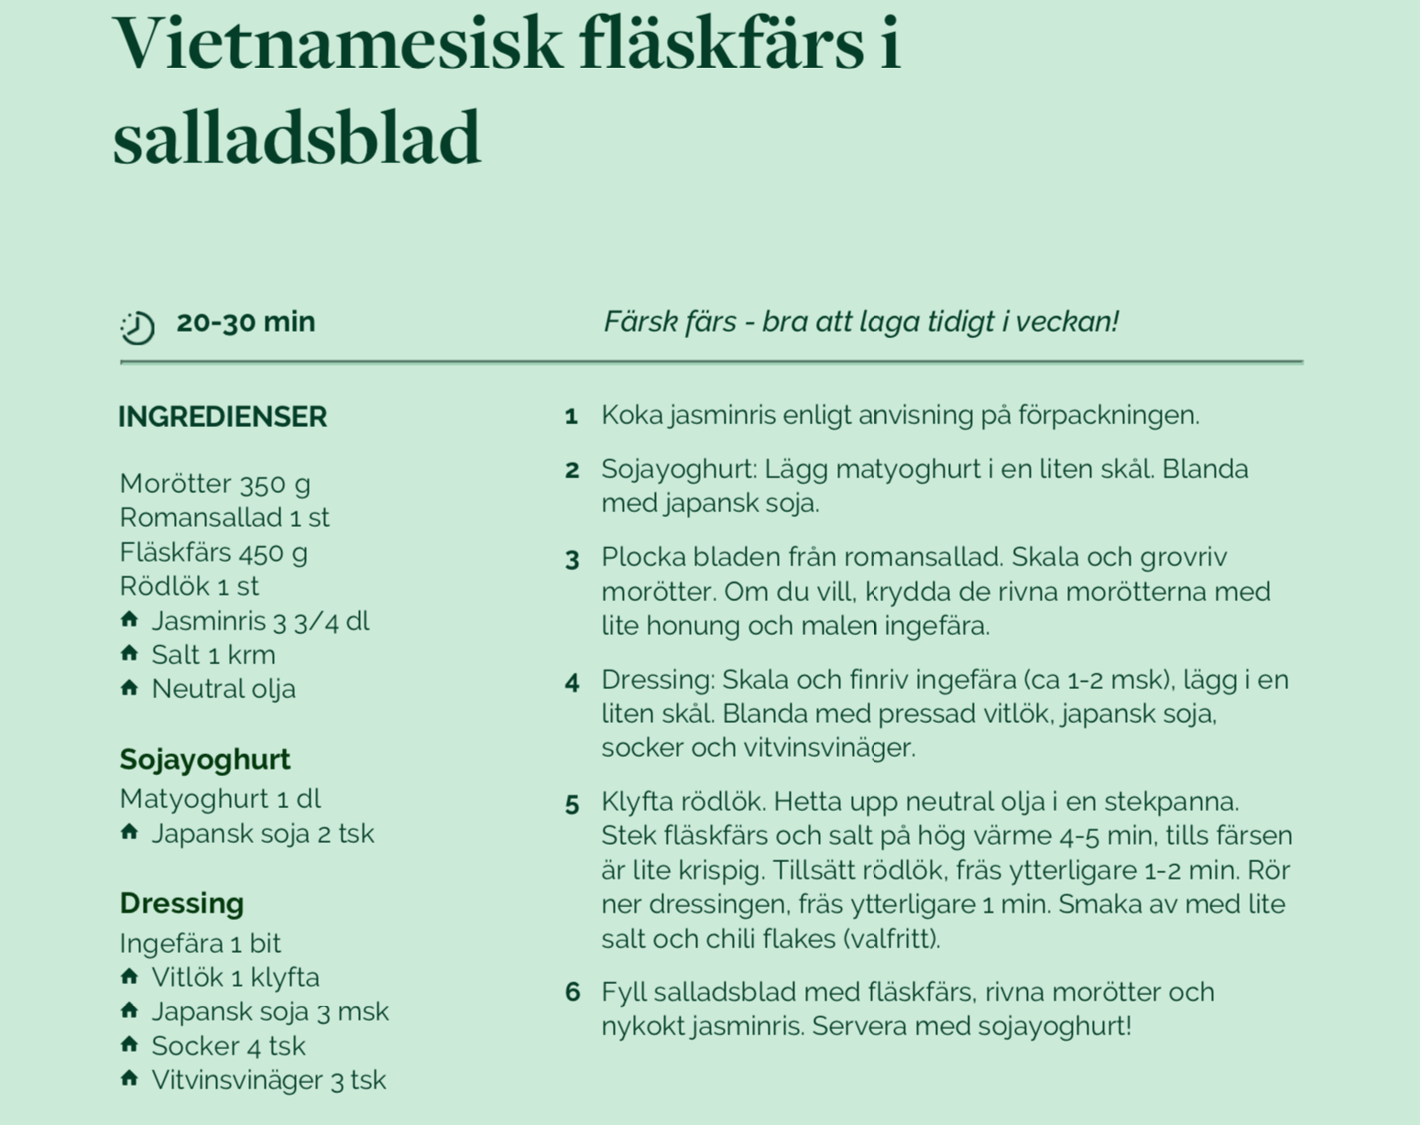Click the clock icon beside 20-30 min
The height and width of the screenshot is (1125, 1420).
point(137,327)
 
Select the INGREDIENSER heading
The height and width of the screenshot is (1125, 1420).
point(223,417)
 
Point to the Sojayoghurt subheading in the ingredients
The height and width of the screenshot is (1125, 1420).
point(204,759)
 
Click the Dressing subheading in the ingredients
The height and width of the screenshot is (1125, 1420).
point(181,903)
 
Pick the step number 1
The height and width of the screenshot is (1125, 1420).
point(571,417)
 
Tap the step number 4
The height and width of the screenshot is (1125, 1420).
point(572,683)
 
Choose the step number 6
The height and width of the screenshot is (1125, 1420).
point(572,992)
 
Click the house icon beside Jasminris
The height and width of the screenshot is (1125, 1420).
point(129,620)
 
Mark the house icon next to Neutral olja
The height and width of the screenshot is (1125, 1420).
point(129,688)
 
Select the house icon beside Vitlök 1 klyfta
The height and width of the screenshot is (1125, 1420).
point(129,977)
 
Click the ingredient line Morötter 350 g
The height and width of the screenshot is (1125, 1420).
point(214,484)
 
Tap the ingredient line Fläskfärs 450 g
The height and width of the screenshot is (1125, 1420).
point(213,552)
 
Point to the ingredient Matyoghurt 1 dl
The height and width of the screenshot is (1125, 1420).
point(220,799)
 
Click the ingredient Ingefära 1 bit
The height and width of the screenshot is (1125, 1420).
point(200,943)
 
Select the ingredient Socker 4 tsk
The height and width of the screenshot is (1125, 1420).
point(228,1045)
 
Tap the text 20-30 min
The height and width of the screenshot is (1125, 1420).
point(246,322)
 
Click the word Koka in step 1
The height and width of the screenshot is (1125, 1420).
point(631,415)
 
